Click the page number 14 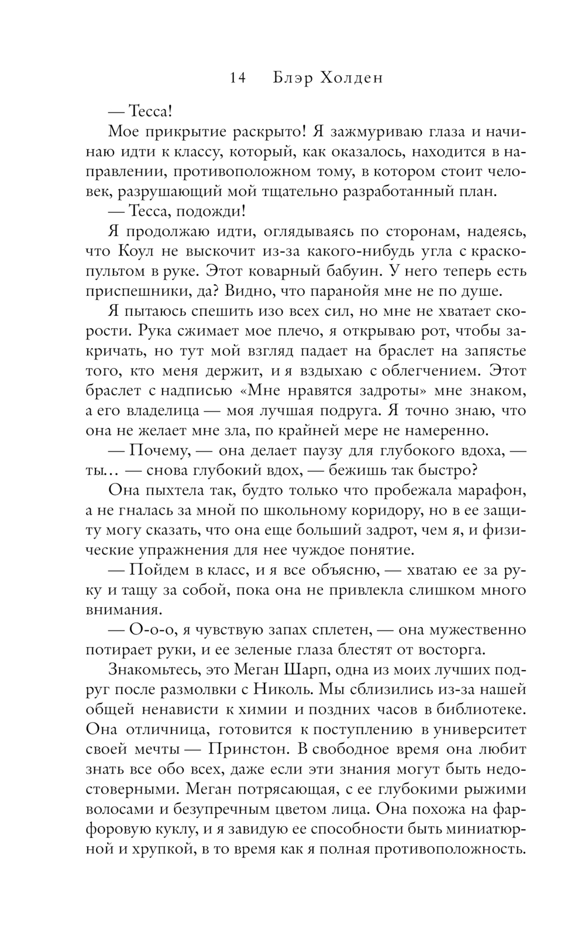coord(238,78)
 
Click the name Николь coord(289,689)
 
